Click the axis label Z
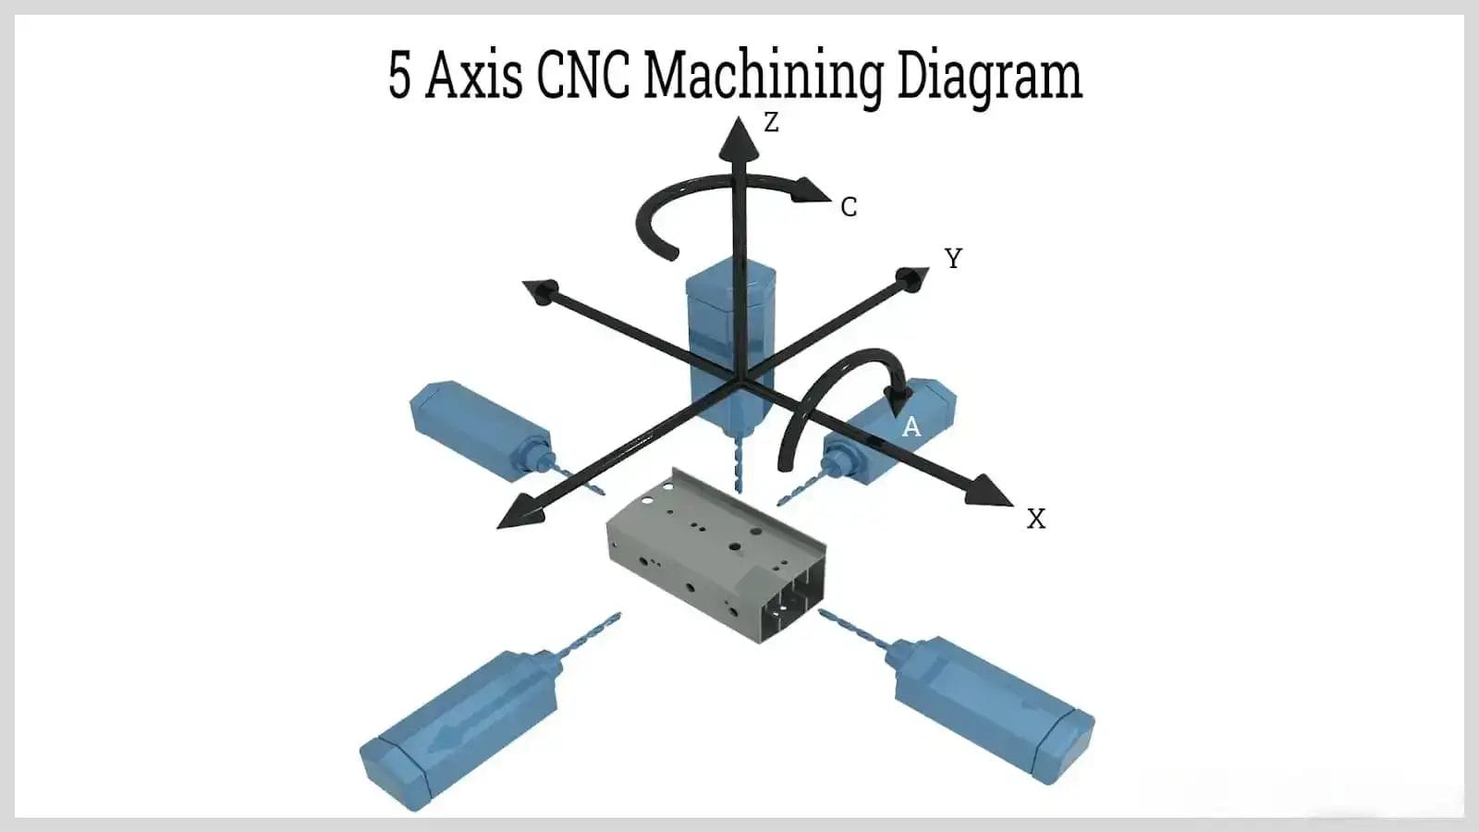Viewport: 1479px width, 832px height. click(x=771, y=121)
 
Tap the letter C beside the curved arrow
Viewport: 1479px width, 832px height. click(x=849, y=207)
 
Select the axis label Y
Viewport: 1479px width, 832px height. click(x=953, y=258)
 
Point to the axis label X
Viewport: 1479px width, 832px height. click(x=1036, y=520)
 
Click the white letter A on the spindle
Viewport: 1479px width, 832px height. click(x=911, y=427)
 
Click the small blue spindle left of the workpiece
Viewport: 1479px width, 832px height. click(x=481, y=430)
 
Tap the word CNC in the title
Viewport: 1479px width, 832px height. click(x=583, y=76)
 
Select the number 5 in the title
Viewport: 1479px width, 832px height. click(x=398, y=76)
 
